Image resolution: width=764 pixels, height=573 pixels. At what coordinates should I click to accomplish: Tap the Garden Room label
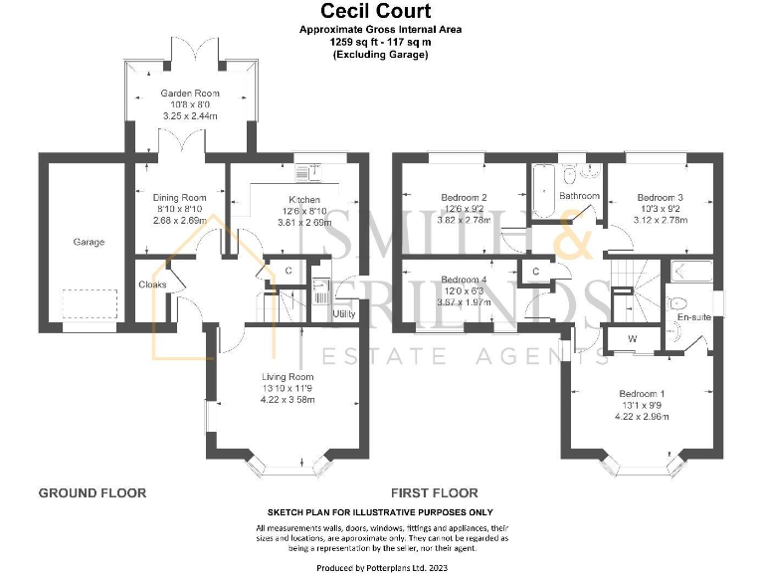(x=190, y=94)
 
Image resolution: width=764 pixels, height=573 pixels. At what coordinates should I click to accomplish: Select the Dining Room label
(x=179, y=198)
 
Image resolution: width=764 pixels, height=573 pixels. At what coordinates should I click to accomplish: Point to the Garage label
(x=88, y=242)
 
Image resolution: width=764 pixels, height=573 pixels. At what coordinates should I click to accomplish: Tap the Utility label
(x=344, y=314)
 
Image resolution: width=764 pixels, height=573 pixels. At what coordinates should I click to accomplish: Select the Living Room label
(x=287, y=377)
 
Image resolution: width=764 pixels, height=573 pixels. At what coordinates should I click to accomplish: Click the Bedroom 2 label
(x=463, y=198)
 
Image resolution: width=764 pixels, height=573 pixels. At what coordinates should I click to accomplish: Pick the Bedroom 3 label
(x=660, y=198)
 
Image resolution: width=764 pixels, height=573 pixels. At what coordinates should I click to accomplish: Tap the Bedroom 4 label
(x=464, y=280)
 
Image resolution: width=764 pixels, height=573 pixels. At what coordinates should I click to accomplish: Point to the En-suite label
(x=691, y=317)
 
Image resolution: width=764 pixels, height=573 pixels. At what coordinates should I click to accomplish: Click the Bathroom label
(x=579, y=197)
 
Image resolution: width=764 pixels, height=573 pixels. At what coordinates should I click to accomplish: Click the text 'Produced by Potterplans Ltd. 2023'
(x=382, y=566)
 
